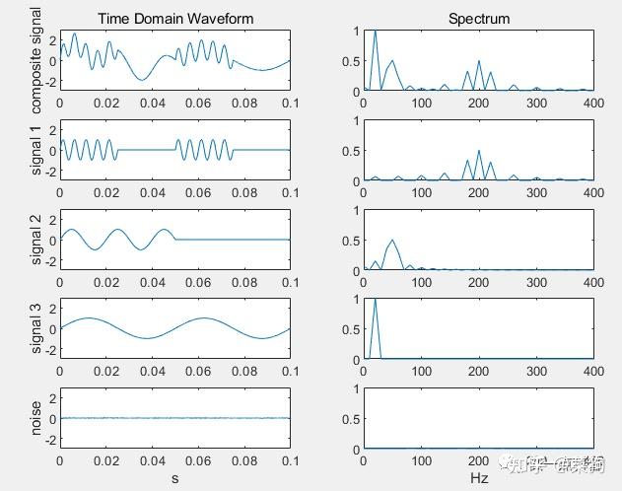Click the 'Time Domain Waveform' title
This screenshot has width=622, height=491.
coord(175,19)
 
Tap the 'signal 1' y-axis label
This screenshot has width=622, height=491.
coord(38,150)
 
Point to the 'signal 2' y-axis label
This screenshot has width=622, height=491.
coord(38,240)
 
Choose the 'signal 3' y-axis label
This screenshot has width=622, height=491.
coord(38,328)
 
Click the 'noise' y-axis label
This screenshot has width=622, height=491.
coord(38,418)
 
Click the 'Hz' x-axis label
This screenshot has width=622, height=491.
coord(479,478)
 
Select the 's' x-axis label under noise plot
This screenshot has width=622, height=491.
coord(175,478)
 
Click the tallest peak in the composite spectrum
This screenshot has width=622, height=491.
coord(376,32)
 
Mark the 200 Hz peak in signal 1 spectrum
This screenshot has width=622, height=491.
coord(479,151)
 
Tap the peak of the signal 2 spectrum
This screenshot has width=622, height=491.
coord(393,240)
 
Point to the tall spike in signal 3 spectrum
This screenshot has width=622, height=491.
coord(376,299)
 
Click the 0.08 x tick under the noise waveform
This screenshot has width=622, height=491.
coord(244,459)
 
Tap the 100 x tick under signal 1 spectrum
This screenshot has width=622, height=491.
coord(422,191)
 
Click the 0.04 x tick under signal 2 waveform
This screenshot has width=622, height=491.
coord(152,281)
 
